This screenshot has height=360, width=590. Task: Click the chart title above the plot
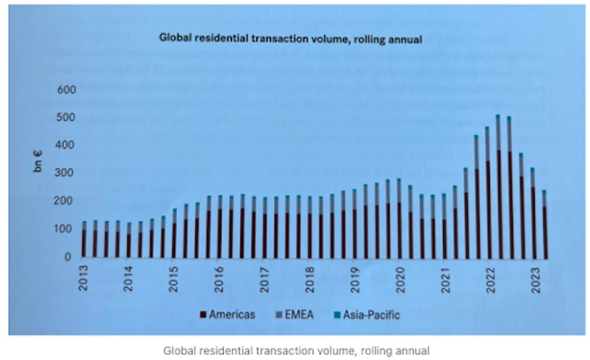(290, 38)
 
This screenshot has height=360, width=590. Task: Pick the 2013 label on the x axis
(83, 276)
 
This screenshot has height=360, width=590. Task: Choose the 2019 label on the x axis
(355, 276)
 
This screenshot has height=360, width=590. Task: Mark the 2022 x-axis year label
(490, 276)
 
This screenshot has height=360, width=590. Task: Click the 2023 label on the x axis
(535, 276)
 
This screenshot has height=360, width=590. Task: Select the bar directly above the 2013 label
(83, 239)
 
